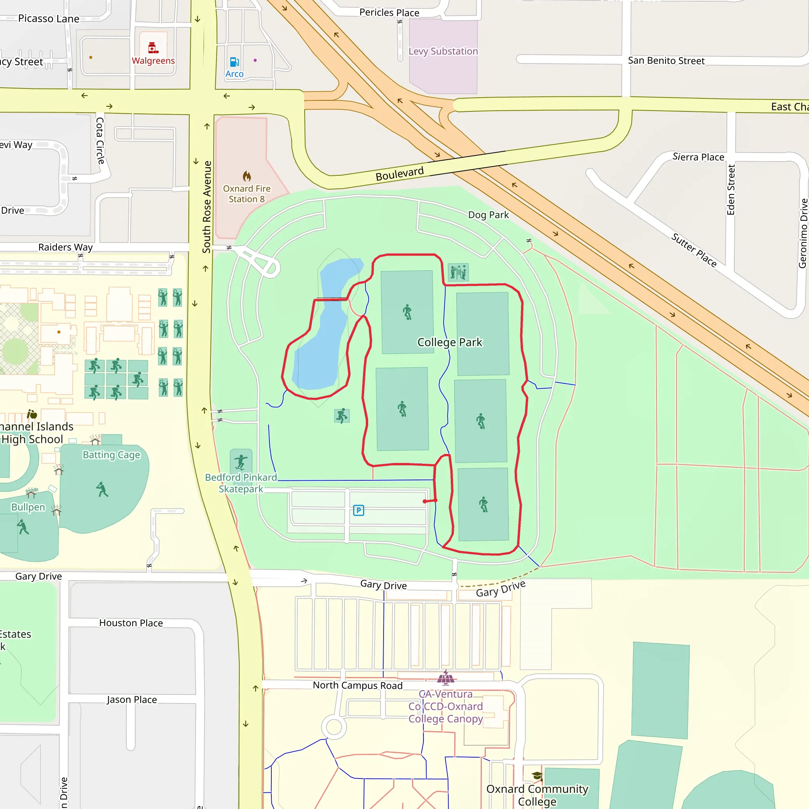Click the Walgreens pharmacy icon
coord(153,48)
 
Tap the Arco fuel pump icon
coord(235,62)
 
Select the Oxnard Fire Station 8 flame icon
coord(246,176)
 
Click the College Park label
coord(450,342)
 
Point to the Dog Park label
coord(488,215)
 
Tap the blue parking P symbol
coord(358,510)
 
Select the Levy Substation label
coord(443,51)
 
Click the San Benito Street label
coord(666,61)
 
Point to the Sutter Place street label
coord(694,250)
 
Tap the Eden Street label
coord(731,190)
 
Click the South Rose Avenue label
coord(207,207)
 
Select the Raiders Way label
coord(65,247)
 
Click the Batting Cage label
coord(111,455)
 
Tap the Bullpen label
coord(28,507)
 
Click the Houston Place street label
coord(131,623)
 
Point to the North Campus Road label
coord(357,685)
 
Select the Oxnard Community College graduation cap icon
coord(537,776)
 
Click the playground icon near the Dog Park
coord(458,272)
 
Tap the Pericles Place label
coord(389,13)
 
